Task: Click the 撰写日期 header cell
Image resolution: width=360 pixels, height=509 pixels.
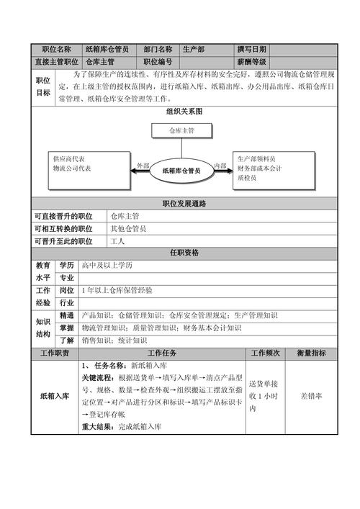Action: point(251,50)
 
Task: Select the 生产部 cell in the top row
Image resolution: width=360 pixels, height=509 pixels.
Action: point(194,50)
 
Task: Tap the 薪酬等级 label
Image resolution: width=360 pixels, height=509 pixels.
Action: point(251,62)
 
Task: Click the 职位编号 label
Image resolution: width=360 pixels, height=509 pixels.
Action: point(158,62)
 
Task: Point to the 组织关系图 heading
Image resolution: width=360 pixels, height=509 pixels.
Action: point(184,112)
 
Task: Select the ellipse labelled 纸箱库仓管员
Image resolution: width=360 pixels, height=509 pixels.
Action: point(181,170)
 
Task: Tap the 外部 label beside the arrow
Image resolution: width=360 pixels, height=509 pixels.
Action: point(143,166)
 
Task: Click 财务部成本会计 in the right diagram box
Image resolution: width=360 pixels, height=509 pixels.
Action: point(259,168)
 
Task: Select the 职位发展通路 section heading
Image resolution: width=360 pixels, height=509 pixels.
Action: point(184,204)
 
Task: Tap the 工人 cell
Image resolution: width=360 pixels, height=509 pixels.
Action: point(118,241)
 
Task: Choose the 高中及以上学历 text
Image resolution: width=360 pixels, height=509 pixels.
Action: point(107,265)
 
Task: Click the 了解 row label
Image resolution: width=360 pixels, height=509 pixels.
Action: point(66,340)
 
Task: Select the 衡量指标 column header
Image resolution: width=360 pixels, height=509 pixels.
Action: point(311,353)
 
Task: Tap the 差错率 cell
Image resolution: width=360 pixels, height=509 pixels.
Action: point(311,396)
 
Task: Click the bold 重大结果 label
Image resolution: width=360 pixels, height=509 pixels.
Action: point(99,427)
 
